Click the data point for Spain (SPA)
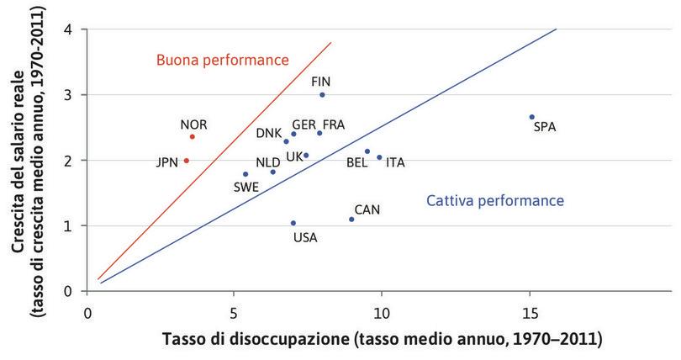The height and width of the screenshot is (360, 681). [x=532, y=117]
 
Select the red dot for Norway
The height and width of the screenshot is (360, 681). [x=193, y=136]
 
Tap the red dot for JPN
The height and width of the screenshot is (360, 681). [x=187, y=161]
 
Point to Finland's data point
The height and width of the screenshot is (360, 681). [x=322, y=95]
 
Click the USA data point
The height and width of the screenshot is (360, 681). [x=293, y=223]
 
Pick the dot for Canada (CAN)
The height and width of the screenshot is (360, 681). [x=351, y=220]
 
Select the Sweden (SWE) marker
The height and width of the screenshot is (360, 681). [x=245, y=174]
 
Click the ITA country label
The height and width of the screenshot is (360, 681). [x=395, y=162]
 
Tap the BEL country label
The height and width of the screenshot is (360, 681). [x=356, y=163]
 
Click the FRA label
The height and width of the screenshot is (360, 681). [x=334, y=124]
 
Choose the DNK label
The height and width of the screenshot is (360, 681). [x=269, y=133]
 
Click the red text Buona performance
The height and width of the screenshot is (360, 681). [x=223, y=60]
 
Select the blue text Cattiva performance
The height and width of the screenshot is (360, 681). [x=494, y=201]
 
